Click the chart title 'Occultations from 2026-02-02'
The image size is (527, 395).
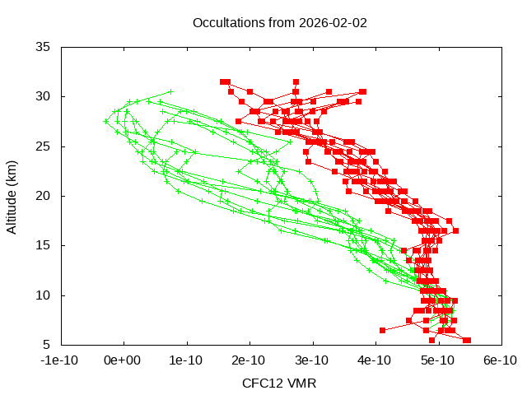(279, 22)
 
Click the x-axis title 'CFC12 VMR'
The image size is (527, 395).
(279, 383)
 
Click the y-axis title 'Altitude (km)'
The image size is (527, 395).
(12, 196)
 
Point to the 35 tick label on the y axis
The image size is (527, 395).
(44, 47)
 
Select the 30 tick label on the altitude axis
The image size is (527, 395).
(44, 96)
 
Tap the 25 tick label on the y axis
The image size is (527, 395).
(44, 146)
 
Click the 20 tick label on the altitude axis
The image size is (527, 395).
(44, 196)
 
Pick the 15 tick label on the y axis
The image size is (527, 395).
(44, 245)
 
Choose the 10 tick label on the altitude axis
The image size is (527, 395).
(44, 295)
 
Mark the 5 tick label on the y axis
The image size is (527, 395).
(48, 345)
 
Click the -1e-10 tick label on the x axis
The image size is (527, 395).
(61, 360)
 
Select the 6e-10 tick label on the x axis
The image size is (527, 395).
(500, 360)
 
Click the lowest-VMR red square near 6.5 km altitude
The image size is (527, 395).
(382, 330)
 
